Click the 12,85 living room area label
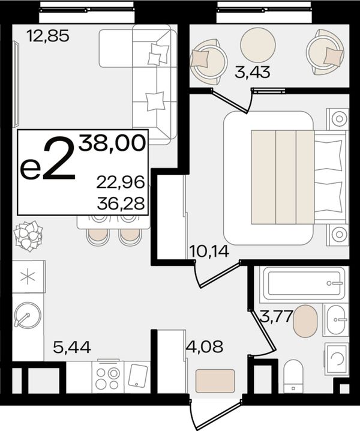[48, 36]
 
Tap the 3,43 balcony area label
[253, 72]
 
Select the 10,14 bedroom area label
[209, 251]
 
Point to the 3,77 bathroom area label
[276, 316]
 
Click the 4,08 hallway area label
[205, 346]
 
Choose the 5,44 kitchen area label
[72, 347]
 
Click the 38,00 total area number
[112, 143]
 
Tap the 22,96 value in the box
[121, 182]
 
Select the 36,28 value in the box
[121, 203]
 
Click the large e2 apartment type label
[49, 160]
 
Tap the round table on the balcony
[258, 45]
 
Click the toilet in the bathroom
[293, 376]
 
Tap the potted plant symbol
[28, 236]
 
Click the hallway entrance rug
[215, 381]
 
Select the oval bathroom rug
[305, 321]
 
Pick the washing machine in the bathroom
[337, 359]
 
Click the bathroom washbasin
[336, 320]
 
